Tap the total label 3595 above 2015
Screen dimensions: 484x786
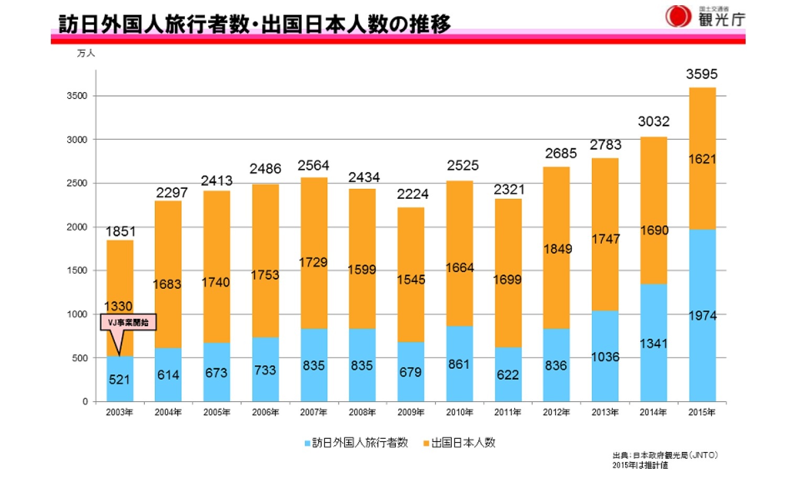tap(702, 74)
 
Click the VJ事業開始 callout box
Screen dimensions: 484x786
tap(128, 322)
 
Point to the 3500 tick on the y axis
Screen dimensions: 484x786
tap(77, 96)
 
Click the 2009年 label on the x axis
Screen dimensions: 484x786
tap(411, 412)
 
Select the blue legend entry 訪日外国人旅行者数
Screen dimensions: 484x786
tap(356, 443)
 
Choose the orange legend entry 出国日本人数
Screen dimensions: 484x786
tap(460, 443)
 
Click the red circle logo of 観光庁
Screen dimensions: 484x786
tap(678, 16)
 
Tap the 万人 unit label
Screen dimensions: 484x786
tap(86, 53)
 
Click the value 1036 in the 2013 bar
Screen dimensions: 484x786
tap(605, 357)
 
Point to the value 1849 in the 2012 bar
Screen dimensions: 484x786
tap(557, 249)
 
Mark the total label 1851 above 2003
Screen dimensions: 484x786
tap(120, 232)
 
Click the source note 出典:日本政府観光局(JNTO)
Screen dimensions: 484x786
tap(665, 455)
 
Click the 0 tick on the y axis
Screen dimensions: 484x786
tap(85, 402)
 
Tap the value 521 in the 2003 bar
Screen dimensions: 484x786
tap(119, 380)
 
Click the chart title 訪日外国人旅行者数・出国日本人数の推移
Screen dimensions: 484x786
tap(254, 24)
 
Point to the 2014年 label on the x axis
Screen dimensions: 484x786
tap(653, 412)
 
